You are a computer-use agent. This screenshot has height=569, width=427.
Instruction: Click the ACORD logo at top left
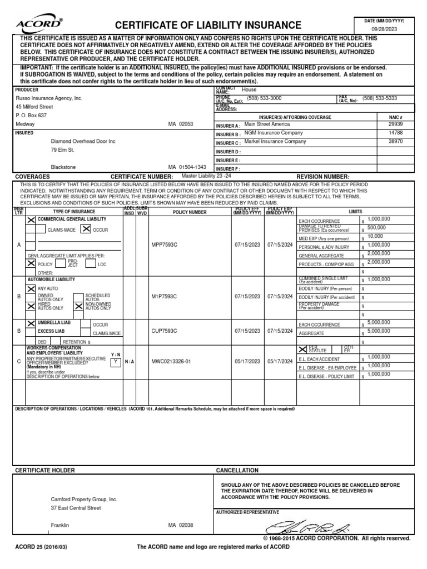pyautogui.click(x=38, y=24)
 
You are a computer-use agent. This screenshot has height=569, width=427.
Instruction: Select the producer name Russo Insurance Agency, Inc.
pyautogui.click(x=49, y=98)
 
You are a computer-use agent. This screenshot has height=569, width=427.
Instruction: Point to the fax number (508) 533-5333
pyautogui.click(x=380, y=98)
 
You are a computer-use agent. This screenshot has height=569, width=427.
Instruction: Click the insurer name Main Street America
pyautogui.click(x=268, y=124)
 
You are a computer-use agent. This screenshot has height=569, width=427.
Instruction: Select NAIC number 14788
pyautogui.click(x=395, y=133)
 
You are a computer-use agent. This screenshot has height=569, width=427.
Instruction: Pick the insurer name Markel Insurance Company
pyautogui.click(x=275, y=142)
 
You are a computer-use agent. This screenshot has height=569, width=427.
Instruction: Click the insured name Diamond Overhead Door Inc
pyautogui.click(x=83, y=141)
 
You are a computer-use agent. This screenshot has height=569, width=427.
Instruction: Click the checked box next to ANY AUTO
pyautogui.click(x=31, y=289)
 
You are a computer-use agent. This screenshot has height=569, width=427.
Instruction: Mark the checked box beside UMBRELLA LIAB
pyautogui.click(x=31, y=323)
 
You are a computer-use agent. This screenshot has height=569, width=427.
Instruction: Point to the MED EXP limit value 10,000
pyautogui.click(x=375, y=236)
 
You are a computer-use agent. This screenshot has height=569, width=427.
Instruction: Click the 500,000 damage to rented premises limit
pyautogui.click(x=376, y=228)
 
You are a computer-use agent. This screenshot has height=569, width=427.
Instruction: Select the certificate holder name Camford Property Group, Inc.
pyautogui.click(x=84, y=500)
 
